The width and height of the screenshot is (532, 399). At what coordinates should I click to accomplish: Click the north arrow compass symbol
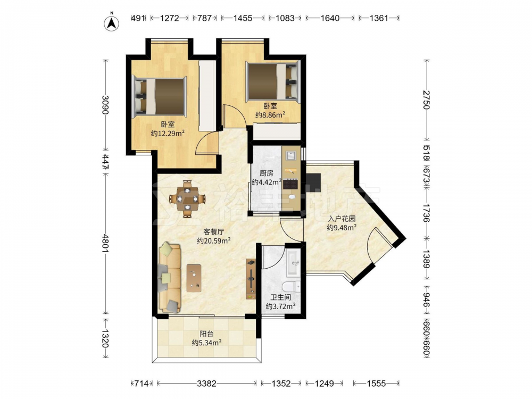(111, 23)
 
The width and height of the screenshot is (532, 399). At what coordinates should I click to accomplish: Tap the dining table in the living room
(187, 199)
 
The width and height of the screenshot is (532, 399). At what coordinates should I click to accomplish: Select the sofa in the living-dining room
(170, 277)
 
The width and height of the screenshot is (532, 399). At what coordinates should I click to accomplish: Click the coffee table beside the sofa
(194, 278)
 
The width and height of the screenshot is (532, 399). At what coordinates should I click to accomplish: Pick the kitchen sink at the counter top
(291, 156)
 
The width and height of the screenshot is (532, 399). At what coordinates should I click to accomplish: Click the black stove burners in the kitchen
(291, 184)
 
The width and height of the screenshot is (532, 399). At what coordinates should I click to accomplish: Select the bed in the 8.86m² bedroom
(273, 82)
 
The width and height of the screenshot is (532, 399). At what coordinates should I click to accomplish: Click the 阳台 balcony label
(206, 334)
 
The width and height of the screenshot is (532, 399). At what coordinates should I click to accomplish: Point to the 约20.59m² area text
(214, 241)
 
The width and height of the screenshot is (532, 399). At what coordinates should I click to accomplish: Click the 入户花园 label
(342, 219)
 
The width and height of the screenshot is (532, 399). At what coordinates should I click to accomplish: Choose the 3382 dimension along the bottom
(206, 384)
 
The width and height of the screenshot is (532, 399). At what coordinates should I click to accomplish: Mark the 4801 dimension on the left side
(105, 243)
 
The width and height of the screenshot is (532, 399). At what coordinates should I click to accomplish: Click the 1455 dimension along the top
(243, 18)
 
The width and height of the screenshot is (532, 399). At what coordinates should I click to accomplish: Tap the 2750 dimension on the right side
(427, 100)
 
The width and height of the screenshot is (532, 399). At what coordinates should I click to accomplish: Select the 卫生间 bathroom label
(280, 297)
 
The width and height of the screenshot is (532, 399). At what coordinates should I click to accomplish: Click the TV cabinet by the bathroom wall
(251, 279)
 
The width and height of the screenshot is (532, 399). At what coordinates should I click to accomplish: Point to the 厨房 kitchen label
(267, 173)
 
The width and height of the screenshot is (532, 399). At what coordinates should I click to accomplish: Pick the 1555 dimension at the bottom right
(376, 384)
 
